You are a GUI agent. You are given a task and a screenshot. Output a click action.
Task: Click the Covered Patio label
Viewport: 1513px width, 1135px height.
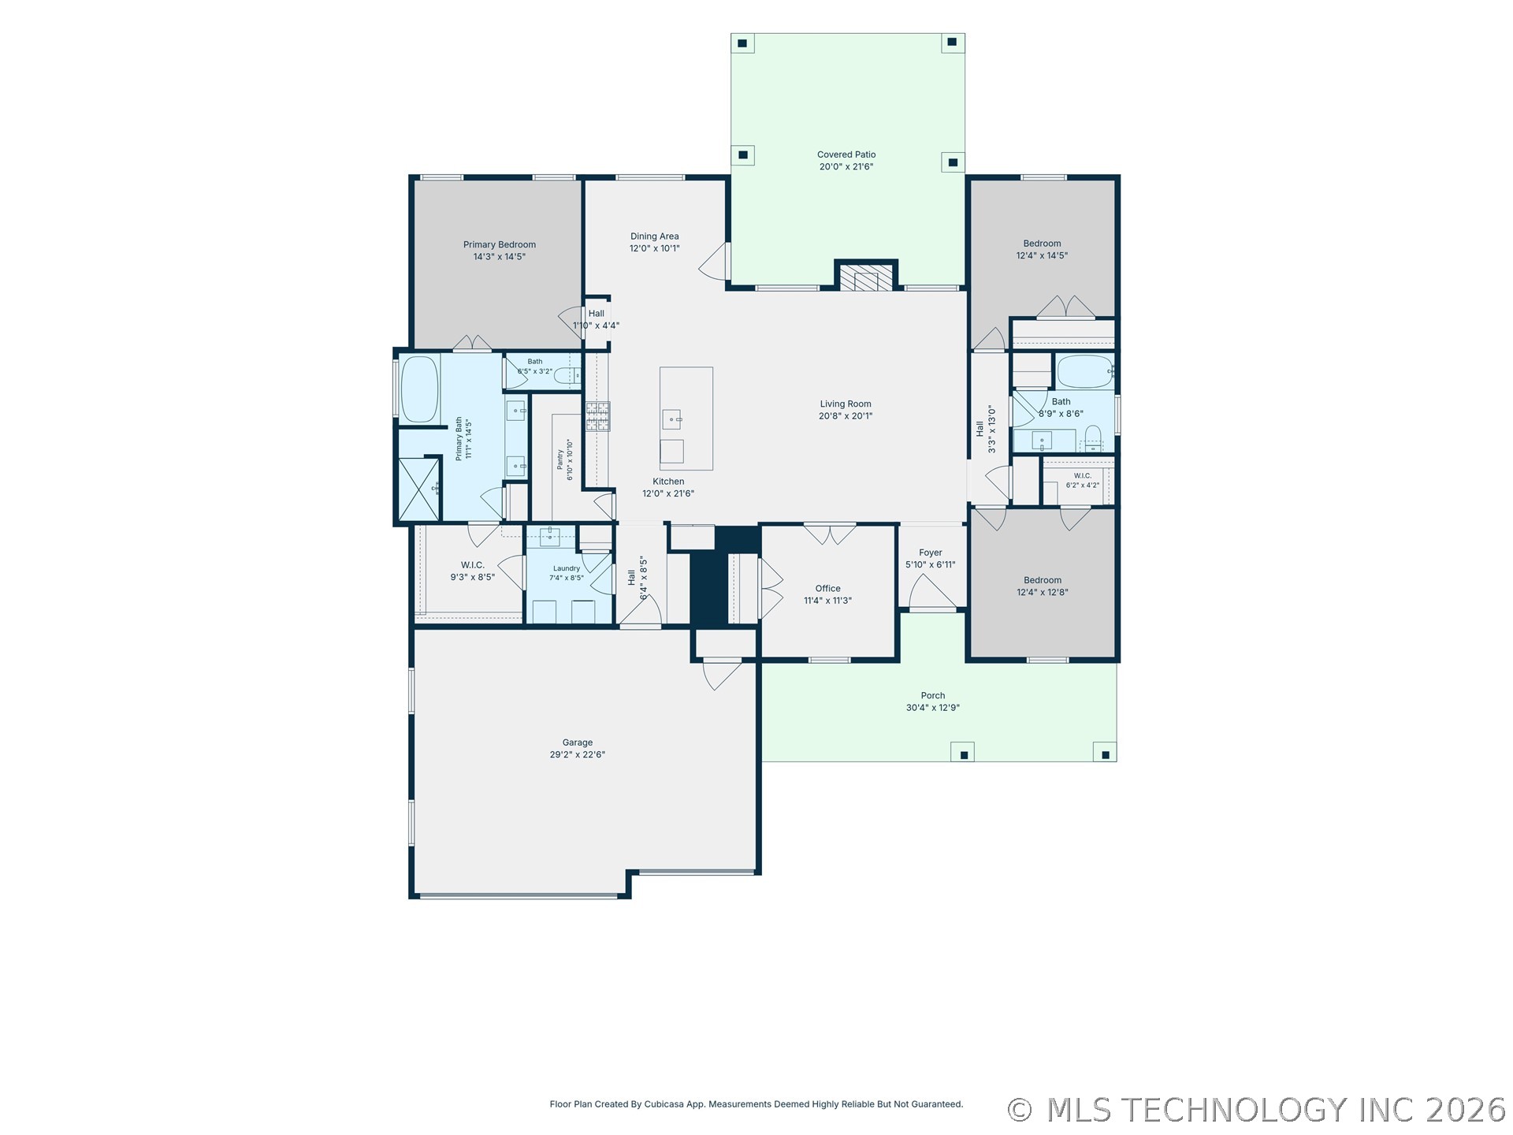(x=846, y=154)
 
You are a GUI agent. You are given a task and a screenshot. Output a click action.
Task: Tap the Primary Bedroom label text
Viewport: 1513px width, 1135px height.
(x=500, y=244)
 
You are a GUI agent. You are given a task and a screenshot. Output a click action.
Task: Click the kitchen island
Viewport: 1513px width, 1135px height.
(x=686, y=419)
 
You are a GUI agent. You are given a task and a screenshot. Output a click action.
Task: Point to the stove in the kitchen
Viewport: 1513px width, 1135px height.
(x=597, y=416)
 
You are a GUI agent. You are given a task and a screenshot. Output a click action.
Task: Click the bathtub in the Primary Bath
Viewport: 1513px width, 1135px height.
(x=419, y=389)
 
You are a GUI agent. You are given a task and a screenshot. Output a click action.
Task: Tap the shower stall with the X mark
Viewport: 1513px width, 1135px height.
(x=418, y=489)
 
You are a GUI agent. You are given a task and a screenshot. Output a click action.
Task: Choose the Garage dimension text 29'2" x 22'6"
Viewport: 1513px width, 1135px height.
(x=578, y=754)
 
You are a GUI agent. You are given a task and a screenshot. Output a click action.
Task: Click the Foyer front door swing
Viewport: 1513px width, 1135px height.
(x=933, y=593)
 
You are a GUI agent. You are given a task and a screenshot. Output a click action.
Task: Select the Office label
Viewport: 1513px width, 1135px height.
(x=827, y=588)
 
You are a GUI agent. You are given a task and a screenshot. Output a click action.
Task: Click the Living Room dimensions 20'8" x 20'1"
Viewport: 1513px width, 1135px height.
(x=846, y=416)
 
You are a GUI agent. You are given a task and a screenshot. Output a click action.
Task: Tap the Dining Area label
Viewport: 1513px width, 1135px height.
(x=654, y=236)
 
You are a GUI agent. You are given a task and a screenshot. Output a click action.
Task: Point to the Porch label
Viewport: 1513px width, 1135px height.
(x=933, y=695)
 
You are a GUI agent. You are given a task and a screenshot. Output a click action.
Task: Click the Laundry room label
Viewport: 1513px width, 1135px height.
(x=567, y=568)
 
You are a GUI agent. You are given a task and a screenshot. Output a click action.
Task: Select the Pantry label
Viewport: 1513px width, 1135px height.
(x=560, y=460)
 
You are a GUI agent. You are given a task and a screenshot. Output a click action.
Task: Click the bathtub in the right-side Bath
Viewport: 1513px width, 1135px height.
(x=1085, y=372)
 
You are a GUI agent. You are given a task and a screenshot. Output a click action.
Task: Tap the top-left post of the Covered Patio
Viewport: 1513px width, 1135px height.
(x=742, y=43)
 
